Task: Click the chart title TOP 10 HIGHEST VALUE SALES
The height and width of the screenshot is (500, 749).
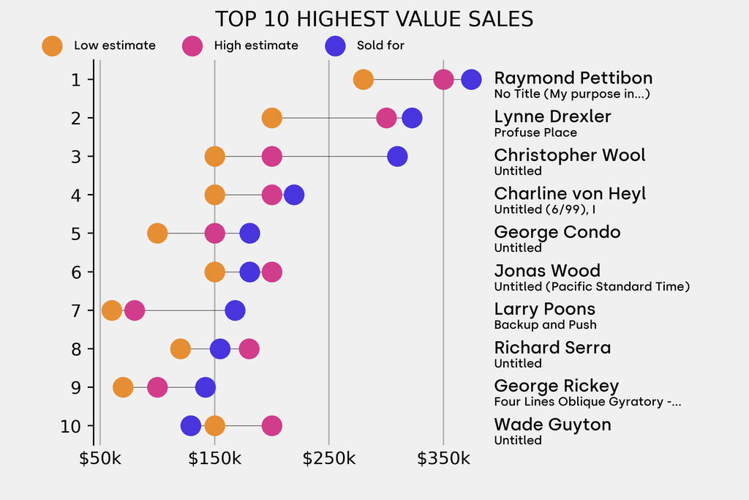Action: point(374,19)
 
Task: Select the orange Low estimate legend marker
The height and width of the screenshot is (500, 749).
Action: point(53,45)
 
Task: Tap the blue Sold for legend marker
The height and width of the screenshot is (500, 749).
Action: point(335,45)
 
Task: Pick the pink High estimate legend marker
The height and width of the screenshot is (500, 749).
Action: point(192,45)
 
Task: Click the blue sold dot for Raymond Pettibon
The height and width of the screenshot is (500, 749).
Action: point(471,79)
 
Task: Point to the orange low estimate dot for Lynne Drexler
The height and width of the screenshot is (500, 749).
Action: point(271,118)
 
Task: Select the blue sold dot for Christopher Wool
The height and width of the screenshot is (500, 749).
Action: point(397,156)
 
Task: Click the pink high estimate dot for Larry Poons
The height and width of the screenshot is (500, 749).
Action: point(134,310)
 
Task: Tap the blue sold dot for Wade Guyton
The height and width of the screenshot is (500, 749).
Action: point(191,426)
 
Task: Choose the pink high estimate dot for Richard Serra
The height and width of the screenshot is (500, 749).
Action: point(249,349)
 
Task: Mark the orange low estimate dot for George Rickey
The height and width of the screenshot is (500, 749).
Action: point(123,387)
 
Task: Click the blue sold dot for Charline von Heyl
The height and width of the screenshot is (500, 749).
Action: point(294,195)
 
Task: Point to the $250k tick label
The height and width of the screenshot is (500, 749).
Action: point(329,459)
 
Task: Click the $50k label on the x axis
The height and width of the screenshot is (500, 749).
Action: point(100,459)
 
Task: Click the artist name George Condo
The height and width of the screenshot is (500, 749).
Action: point(557,232)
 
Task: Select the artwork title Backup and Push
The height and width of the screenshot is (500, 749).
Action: point(546,325)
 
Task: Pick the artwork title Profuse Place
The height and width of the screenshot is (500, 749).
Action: point(535,133)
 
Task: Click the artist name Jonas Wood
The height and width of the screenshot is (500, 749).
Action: point(547,271)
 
